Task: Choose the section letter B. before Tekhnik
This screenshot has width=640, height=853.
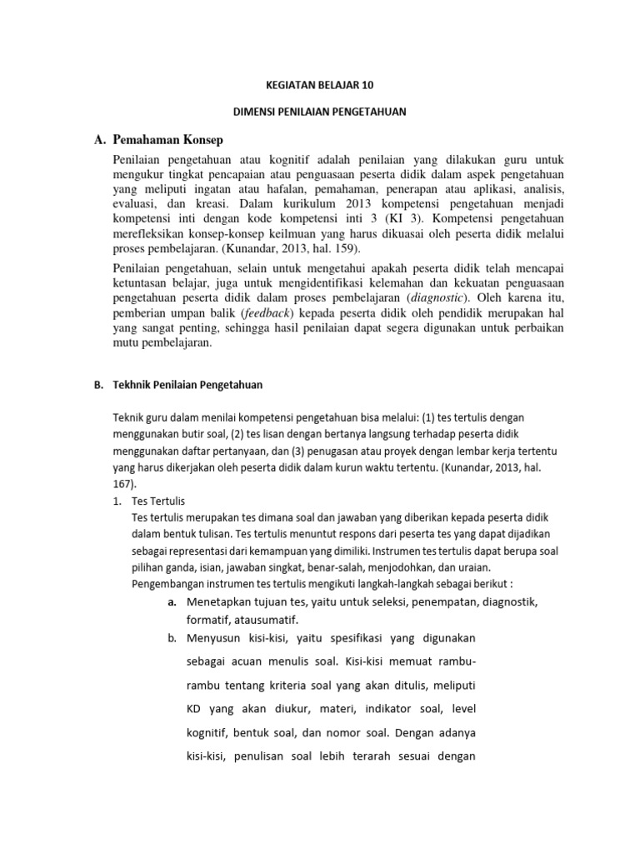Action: click(97, 385)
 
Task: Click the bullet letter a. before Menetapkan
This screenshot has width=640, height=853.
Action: click(172, 601)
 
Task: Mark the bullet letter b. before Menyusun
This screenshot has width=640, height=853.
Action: click(172, 638)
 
